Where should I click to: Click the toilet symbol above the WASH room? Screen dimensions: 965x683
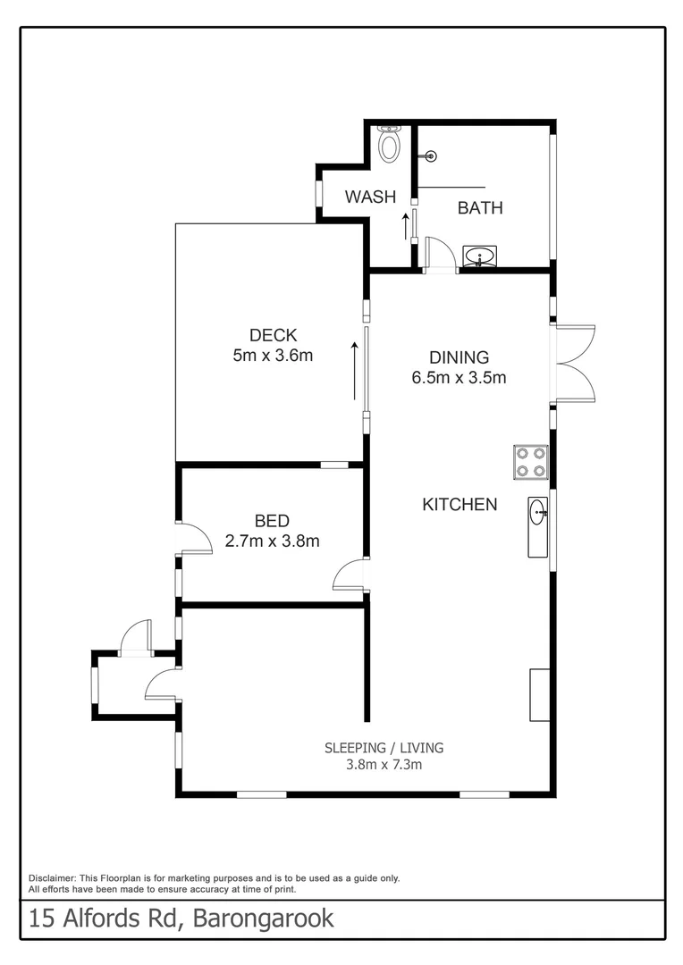389,144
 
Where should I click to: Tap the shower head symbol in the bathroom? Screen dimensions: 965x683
432,156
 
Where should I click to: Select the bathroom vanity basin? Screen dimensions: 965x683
480,257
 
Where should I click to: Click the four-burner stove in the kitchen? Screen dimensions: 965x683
530,462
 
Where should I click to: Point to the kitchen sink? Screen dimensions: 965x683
537,526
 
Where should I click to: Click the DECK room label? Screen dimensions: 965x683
273,335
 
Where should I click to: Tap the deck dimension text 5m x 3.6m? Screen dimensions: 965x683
273,355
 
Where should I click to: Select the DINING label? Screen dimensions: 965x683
459,357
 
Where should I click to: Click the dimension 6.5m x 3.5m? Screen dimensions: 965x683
459,377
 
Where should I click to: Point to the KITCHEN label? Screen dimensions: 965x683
460,505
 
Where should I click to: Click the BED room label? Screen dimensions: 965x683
272,521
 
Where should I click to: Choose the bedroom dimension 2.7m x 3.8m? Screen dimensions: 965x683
272,541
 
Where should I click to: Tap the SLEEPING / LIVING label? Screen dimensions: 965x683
384,748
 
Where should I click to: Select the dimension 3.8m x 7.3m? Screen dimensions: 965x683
384,765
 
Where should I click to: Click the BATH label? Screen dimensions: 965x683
480,208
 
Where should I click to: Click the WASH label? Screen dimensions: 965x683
370,197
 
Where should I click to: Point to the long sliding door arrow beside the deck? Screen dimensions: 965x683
355,371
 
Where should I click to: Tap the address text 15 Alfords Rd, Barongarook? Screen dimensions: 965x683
181,918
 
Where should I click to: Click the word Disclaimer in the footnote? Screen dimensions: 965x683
53,878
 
